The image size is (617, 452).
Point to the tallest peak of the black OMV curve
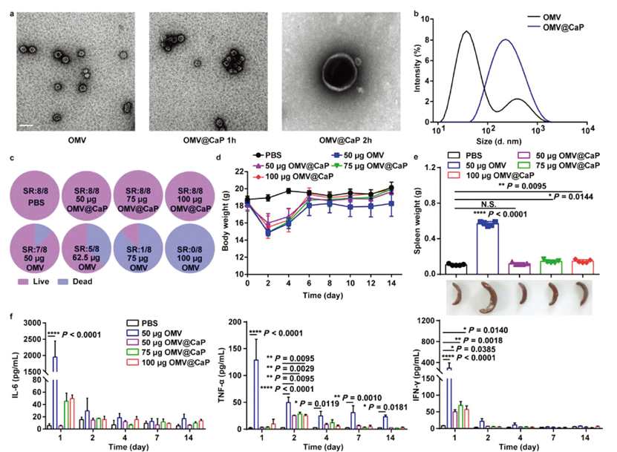(x=466, y=32)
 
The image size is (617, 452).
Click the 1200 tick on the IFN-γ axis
(x=428, y=320)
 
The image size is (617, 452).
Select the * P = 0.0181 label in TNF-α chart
(x=388, y=406)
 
